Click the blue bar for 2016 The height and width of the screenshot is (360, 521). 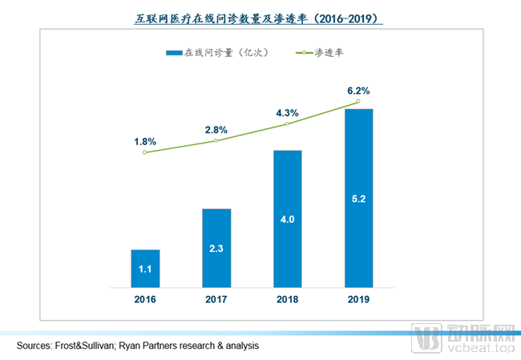coord(144,269)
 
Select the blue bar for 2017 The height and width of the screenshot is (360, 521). coord(216,248)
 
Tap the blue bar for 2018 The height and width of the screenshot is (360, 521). coord(288,218)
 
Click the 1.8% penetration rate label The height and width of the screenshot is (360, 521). coord(144,141)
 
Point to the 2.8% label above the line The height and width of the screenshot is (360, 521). coord(216,129)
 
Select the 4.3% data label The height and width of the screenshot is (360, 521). coord(287,112)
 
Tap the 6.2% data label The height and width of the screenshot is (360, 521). coord(358,91)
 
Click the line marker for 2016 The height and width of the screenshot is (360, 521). coord(144,152)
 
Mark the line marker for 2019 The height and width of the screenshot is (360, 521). coord(358,101)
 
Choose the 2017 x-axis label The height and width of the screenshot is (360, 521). coord(216,299)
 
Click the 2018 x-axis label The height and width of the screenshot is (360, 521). coord(287,299)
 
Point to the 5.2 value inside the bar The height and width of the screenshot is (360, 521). coord(359,198)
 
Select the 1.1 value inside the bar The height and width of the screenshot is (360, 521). coord(144,269)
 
